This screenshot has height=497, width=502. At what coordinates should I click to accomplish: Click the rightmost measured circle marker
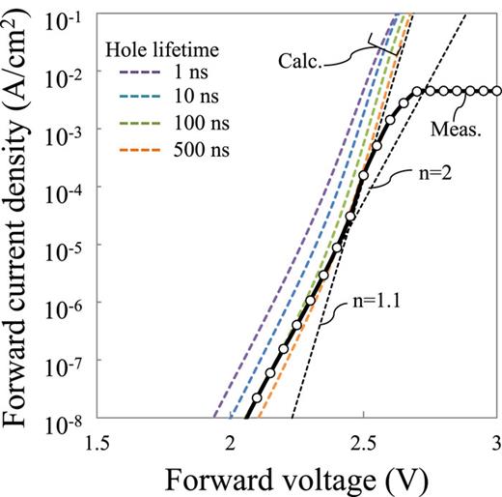pos(495,91)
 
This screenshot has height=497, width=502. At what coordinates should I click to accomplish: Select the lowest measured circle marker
pos(256,398)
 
